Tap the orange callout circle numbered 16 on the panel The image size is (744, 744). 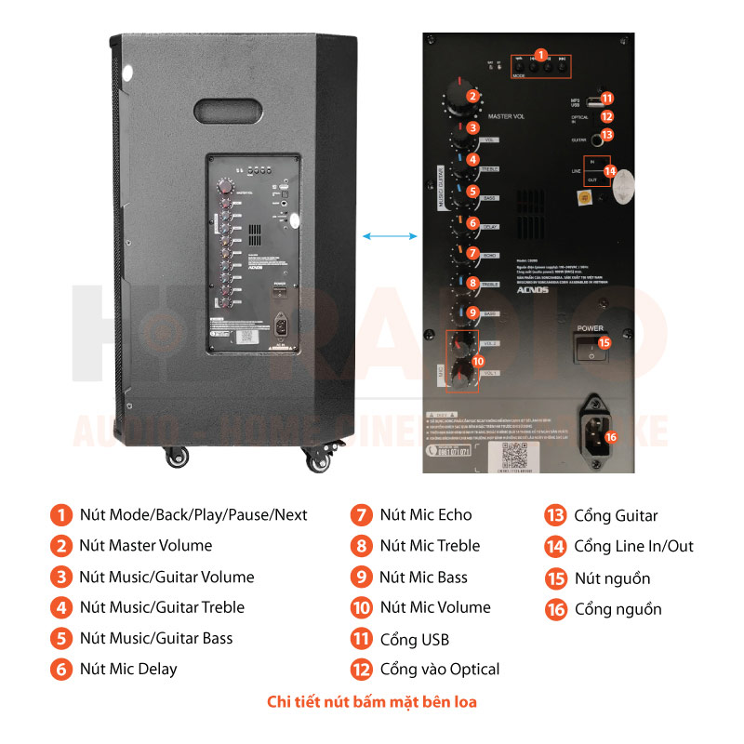pos(610,436)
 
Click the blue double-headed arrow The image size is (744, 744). pos(390,237)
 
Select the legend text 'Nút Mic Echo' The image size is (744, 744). pos(425,515)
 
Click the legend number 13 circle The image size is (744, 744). pos(555,516)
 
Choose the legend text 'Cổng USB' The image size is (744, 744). pos(414,639)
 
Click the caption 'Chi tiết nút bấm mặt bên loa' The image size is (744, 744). pos(372,701)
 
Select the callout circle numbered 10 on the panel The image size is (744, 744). pos(478,361)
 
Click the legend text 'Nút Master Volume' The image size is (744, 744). pos(145,546)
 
